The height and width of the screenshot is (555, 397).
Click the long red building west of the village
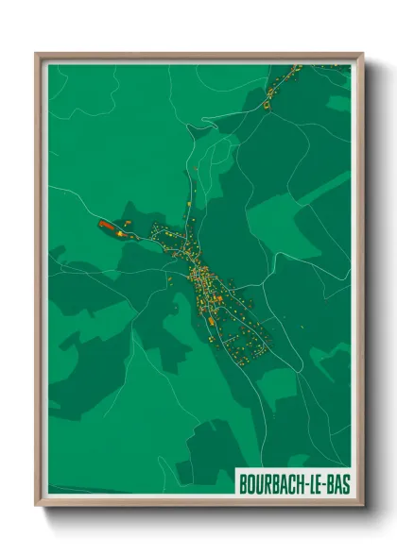pos(106,225)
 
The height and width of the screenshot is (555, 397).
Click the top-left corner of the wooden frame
pos(37,55)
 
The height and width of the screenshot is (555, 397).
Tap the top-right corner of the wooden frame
pos(362,55)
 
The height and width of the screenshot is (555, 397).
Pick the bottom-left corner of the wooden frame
pos(37,506)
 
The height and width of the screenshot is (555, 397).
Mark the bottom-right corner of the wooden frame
pos(362,506)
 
